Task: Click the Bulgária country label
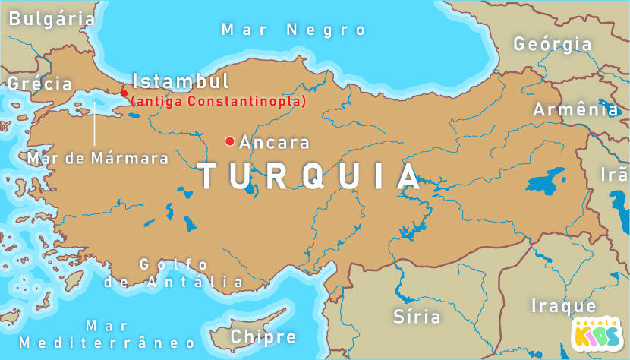pyautogui.click(x=52, y=19)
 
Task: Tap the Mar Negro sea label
pyautogui.click(x=294, y=30)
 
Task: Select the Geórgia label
pyautogui.click(x=552, y=44)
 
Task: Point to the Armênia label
pyautogui.click(x=575, y=109)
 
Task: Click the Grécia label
pyautogui.click(x=39, y=84)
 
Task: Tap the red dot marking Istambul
pyautogui.click(x=124, y=93)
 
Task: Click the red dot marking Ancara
pyautogui.click(x=229, y=141)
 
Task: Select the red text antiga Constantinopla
pyautogui.click(x=218, y=101)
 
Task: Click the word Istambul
pyautogui.click(x=181, y=81)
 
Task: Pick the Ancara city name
pyautogui.click(x=274, y=142)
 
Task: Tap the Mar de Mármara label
pyautogui.click(x=97, y=159)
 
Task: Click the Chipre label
pyautogui.click(x=263, y=336)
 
